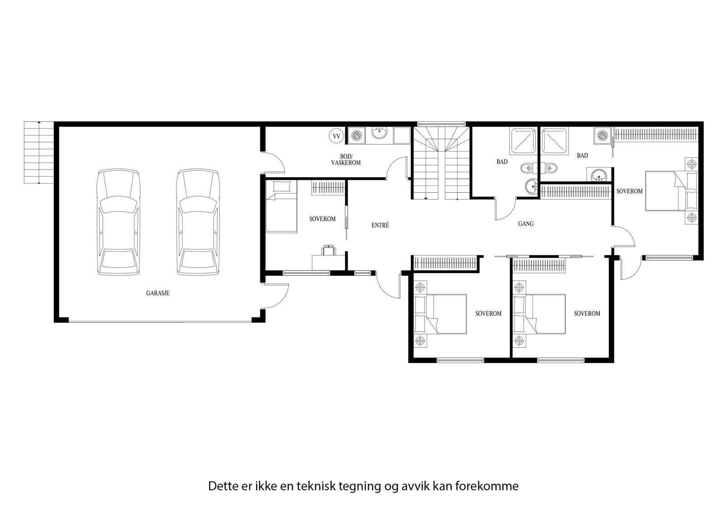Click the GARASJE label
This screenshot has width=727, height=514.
pos(158,293)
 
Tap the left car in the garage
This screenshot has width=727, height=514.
pos(118,222)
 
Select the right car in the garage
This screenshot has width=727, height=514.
pos(198,222)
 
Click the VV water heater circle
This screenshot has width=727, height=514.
pos(336,136)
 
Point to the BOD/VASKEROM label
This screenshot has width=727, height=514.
pos(346,160)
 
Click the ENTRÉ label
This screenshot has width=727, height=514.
pos(380,225)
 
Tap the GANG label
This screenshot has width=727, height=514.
pos(526,224)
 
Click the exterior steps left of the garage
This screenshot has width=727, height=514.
pos(39,152)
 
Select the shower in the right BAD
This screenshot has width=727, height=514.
pos(553,140)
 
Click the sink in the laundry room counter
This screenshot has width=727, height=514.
pos(379,134)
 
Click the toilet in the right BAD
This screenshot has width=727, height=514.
pos(550,168)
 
